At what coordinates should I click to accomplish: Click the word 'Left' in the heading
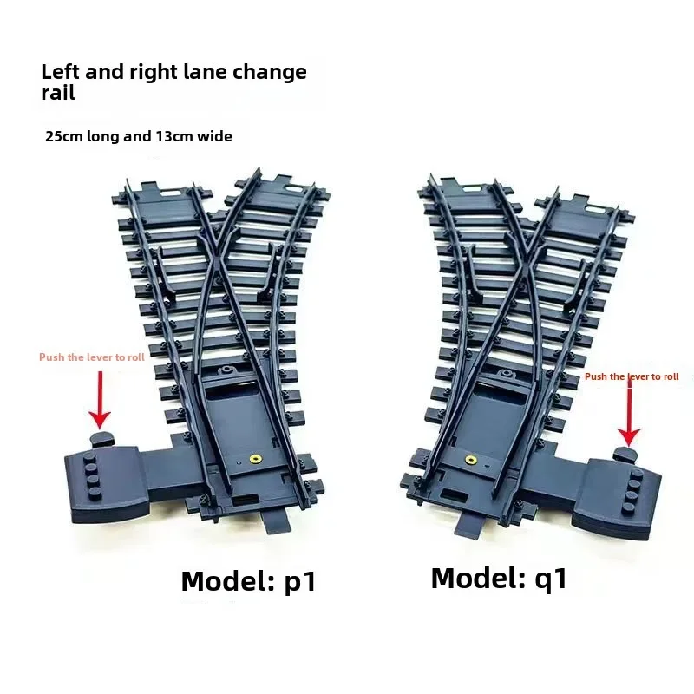tap(59, 72)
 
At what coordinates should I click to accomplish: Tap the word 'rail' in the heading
tap(57, 93)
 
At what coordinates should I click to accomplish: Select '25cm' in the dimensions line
tap(63, 136)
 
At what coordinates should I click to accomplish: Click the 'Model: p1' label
tap(249, 581)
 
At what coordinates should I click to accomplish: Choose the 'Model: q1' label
tap(499, 579)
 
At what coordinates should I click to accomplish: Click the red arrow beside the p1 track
tap(100, 400)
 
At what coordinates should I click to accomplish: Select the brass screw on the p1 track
tap(255, 459)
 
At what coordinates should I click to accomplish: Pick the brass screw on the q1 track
tap(470, 461)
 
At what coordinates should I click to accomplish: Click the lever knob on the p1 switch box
tap(101, 439)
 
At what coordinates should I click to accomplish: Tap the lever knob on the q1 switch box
tap(625, 453)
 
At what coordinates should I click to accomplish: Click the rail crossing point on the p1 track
tap(214, 262)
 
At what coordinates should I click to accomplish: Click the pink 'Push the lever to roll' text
tap(92, 357)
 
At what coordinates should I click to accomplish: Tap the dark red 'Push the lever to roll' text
tap(632, 376)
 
